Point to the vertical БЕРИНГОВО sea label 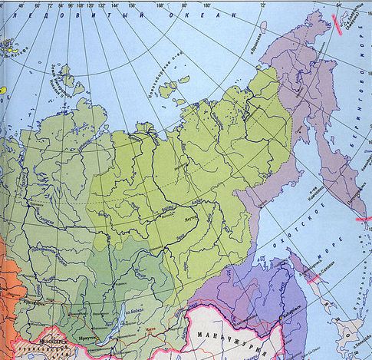360,107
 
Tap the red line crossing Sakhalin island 314,279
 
